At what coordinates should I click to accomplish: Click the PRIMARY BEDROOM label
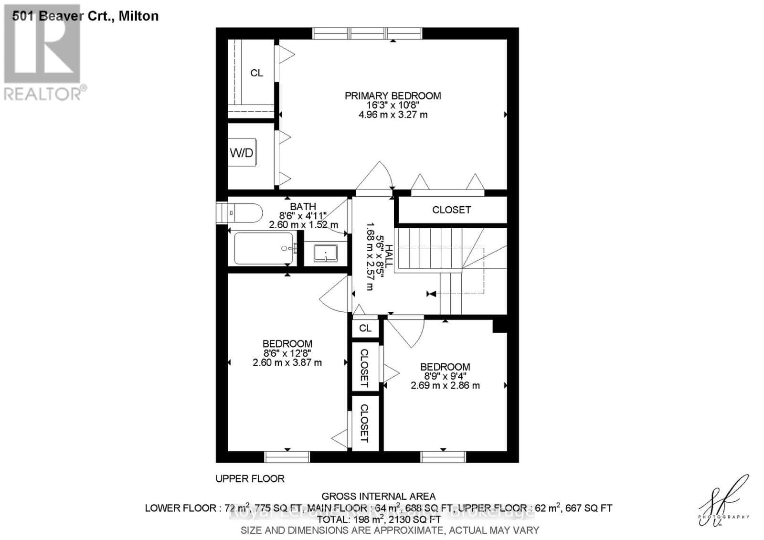tap(393, 96)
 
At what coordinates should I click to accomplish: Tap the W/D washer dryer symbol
tap(242, 153)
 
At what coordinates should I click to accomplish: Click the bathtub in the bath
tap(263, 248)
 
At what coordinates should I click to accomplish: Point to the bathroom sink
tap(325, 253)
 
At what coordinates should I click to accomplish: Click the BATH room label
tap(303, 206)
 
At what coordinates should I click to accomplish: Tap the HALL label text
tap(389, 255)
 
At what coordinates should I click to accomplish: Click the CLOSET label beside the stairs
tap(451, 210)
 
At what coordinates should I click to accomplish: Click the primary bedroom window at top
tap(367, 33)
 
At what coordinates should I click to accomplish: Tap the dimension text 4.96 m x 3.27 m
tap(393, 115)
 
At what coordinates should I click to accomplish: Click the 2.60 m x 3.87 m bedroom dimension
tap(287, 362)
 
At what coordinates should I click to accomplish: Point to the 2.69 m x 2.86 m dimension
tap(445, 385)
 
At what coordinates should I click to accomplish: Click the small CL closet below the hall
tap(365, 328)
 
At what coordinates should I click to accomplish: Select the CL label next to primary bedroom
tap(256, 73)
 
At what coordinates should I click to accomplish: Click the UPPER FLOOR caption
tap(250, 478)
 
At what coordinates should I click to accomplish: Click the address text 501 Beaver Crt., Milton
tap(85, 16)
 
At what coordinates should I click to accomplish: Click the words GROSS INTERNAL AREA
tap(378, 496)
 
